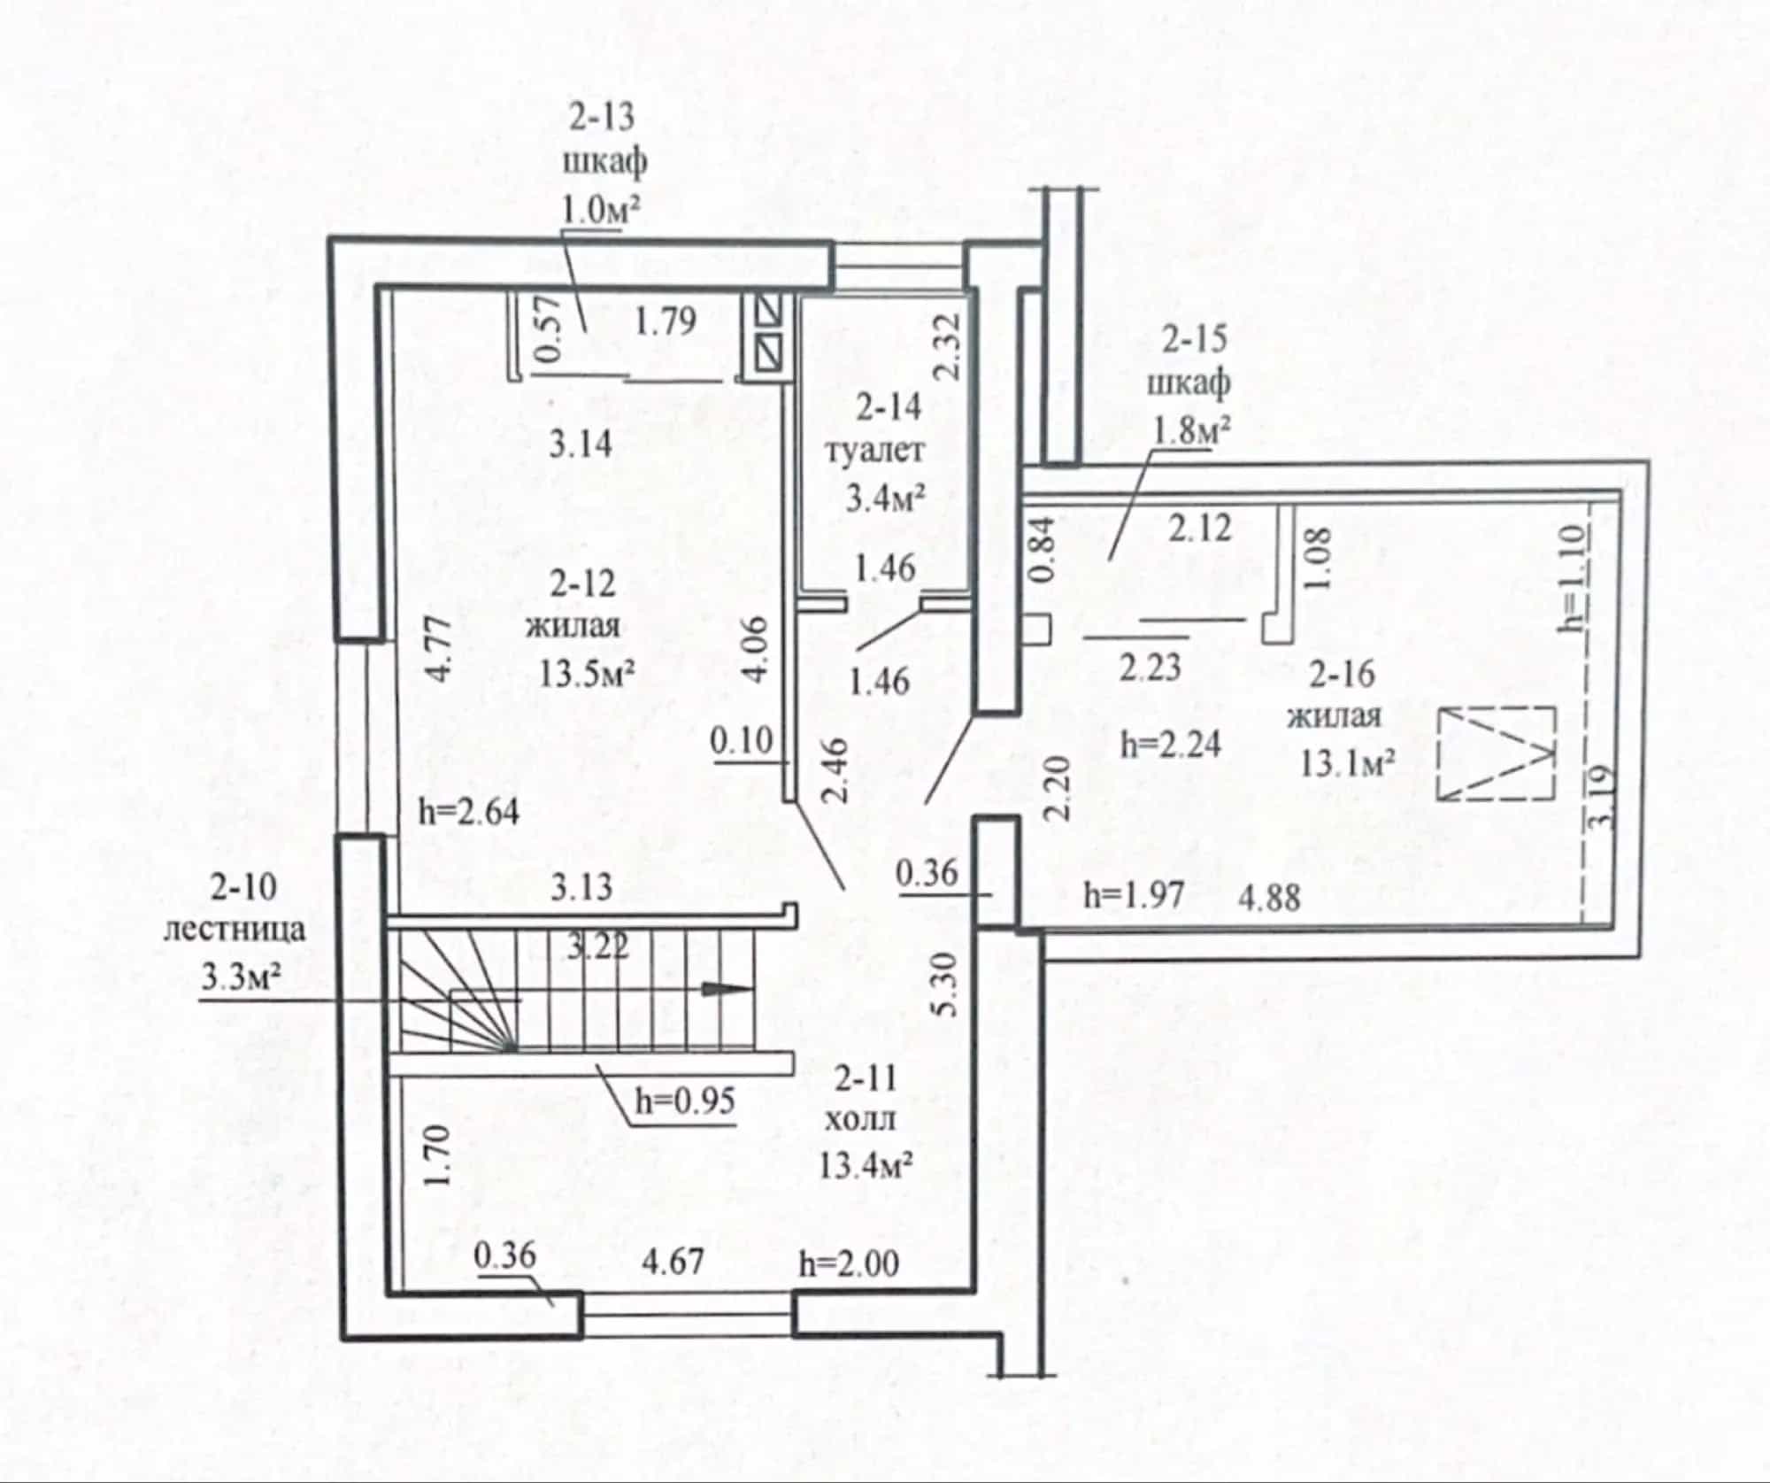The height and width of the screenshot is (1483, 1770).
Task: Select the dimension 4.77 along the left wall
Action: (441, 649)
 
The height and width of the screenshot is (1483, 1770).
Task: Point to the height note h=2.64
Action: (469, 811)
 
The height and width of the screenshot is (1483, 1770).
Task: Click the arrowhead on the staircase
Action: (727, 990)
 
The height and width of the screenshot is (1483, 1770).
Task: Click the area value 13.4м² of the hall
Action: (867, 1167)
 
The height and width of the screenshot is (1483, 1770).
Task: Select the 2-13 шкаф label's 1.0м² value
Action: (601, 210)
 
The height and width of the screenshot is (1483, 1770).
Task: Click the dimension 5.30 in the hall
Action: (945, 984)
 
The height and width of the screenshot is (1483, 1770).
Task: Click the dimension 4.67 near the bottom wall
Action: (673, 1260)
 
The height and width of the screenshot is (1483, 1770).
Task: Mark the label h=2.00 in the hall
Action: (850, 1263)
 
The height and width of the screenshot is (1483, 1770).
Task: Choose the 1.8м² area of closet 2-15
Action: (1190, 430)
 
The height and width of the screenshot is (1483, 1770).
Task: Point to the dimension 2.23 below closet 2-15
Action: (1150, 667)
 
